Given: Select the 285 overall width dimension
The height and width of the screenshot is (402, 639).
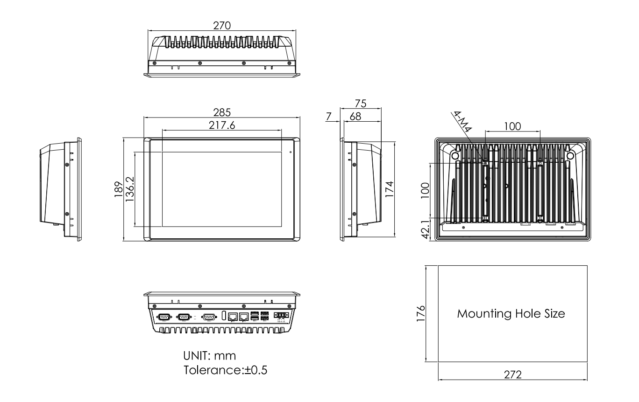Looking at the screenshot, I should click(x=222, y=112).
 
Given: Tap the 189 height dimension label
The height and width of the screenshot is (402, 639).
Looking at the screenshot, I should click(x=118, y=190).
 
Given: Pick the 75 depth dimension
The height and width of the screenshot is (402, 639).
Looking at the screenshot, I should click(x=360, y=103).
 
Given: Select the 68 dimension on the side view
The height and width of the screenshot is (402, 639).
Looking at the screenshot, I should click(x=355, y=117).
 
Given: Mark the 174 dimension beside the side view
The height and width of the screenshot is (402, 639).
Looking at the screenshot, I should click(x=390, y=189).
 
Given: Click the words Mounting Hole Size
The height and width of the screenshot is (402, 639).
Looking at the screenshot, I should click(x=511, y=313).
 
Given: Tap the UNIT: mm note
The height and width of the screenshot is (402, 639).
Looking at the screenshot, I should click(x=210, y=356).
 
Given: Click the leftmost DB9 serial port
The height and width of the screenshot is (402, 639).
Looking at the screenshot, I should click(x=164, y=317).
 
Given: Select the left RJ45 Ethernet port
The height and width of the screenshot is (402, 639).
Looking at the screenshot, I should click(x=233, y=317).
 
